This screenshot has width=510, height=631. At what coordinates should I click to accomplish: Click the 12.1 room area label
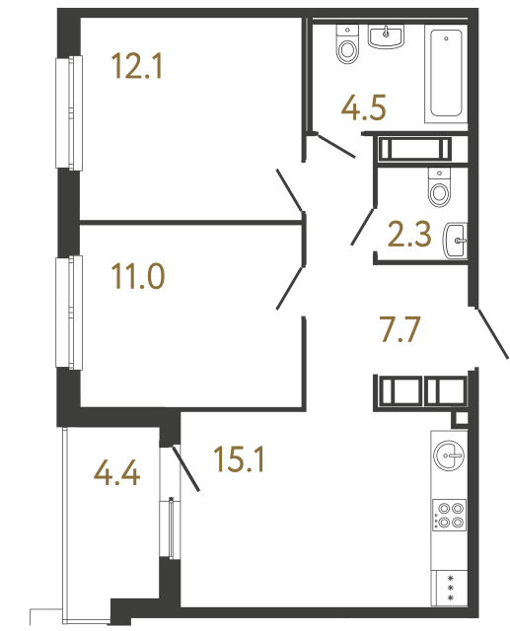137,69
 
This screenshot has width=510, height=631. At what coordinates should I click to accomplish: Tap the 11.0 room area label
137,273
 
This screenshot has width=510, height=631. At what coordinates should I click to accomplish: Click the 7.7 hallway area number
401,326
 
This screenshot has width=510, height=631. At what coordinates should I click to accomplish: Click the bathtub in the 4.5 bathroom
445,75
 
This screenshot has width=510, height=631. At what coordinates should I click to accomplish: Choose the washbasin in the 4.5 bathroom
386,35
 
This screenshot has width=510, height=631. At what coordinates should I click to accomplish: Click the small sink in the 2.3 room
458,238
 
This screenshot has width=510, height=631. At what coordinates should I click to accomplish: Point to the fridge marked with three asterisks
451,586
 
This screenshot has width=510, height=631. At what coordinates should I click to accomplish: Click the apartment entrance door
491,332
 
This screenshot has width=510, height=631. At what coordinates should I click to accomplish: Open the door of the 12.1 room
290,189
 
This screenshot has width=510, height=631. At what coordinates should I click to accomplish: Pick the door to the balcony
185,469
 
